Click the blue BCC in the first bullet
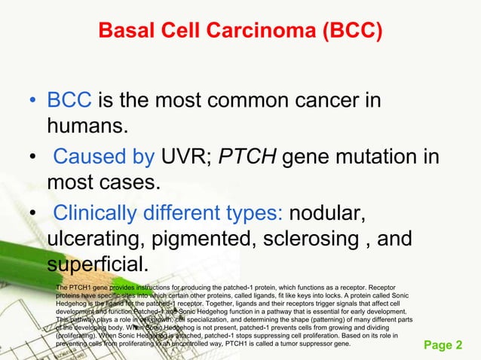click(x=69, y=101)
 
